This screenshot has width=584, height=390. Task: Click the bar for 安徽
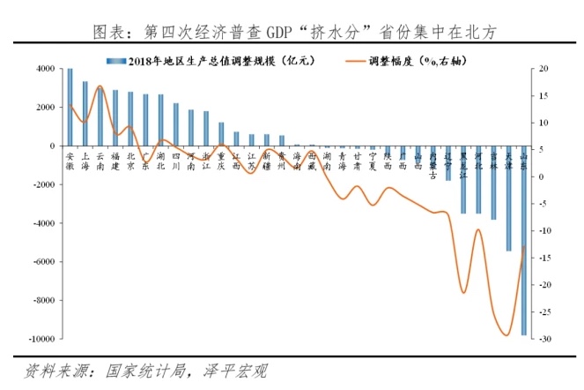[70, 107]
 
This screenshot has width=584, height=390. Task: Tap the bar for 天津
[508, 199]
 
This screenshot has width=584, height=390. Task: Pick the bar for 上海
[85, 114]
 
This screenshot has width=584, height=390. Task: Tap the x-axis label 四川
[176, 160]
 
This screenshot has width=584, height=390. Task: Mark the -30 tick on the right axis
[546, 339]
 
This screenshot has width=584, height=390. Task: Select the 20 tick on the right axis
[545, 69]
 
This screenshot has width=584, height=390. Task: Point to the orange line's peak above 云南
[100, 86]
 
